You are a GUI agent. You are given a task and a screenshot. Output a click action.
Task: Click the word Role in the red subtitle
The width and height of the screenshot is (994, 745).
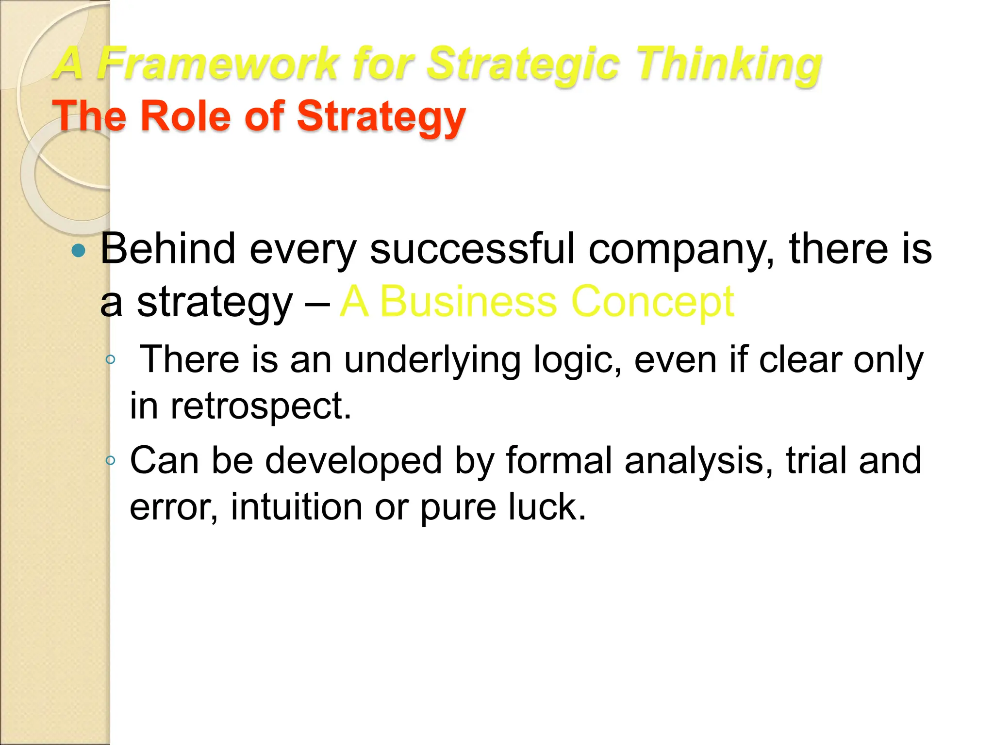coord(185,116)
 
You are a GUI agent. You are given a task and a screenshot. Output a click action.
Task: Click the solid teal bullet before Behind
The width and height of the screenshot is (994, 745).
coord(78,251)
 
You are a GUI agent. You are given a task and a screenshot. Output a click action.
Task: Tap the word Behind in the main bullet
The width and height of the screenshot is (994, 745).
coord(168,249)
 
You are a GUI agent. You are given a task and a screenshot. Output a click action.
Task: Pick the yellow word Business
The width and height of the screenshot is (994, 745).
coord(468,302)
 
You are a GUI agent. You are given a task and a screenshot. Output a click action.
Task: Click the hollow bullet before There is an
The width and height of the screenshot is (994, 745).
coord(111,360)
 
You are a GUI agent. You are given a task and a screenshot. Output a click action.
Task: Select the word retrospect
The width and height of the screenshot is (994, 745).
coord(260,406)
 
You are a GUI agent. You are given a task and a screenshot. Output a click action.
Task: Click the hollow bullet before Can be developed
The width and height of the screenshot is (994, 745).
coord(111,460)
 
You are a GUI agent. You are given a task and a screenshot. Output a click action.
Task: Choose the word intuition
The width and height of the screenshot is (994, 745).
coord(297,507)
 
